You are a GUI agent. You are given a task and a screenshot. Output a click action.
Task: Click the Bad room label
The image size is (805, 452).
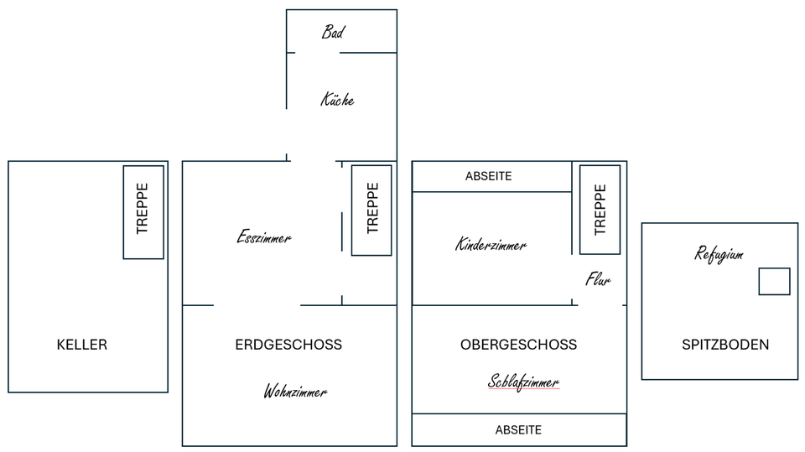pos(333,33)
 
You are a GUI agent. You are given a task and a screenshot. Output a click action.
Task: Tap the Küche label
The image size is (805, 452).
pos(337,99)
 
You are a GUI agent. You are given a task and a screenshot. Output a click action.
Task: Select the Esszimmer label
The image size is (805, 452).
pos(264,236)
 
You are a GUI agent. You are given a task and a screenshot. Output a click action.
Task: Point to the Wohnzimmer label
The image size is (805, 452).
pos(295,392)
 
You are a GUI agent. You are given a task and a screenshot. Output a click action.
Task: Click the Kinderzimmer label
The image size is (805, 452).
pos(491,244)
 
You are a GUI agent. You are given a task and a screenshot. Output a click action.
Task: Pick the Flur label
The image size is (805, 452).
pos(598,279)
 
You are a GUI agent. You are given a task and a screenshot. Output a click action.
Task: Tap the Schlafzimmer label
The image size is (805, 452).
pos(523,382)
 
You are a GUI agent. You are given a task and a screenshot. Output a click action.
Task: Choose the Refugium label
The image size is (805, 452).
pos(719,254)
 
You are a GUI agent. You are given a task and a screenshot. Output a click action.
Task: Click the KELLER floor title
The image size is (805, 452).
pos(82,345)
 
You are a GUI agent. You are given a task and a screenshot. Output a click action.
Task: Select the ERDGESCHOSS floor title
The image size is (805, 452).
pos(288,345)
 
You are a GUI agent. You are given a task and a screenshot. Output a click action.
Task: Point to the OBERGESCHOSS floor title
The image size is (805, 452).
pos(518,345)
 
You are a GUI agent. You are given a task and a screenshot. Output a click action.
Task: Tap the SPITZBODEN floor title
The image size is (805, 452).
pos(725,345)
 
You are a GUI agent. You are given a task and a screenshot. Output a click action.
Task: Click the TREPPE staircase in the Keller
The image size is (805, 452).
pos(143,212)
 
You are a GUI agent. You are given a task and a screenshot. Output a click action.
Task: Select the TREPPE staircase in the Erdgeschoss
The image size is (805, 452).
pos(371,210)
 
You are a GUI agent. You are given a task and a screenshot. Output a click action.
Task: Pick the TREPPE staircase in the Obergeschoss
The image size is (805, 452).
pos(600,210)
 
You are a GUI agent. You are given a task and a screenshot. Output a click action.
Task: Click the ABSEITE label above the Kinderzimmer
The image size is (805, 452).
pos(489,176)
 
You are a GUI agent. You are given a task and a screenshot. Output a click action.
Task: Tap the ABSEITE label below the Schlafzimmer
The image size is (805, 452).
pos(518,430)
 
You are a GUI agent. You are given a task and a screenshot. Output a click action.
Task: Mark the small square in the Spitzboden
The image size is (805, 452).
pos(774,282)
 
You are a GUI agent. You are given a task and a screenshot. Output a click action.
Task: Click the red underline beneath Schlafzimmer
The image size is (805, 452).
pos(523,389)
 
